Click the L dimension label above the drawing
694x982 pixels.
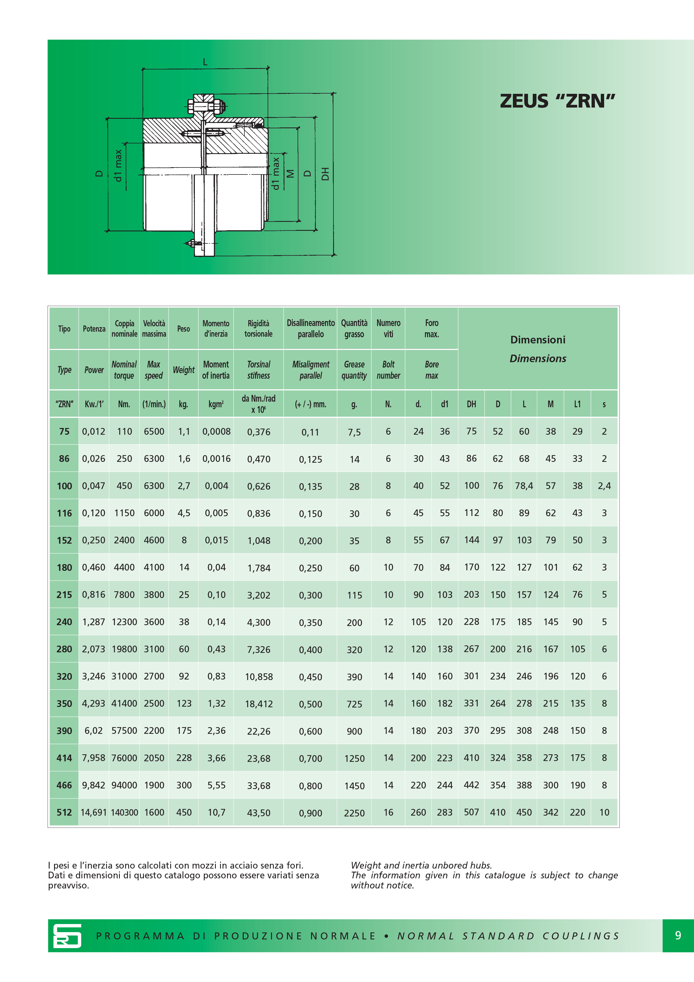(205, 62)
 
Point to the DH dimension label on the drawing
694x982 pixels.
(325, 174)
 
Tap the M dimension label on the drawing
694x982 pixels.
(290, 174)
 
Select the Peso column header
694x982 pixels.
(183, 329)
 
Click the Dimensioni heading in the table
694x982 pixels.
(538, 339)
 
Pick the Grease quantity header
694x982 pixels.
(354, 370)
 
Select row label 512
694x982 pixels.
(64, 812)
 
